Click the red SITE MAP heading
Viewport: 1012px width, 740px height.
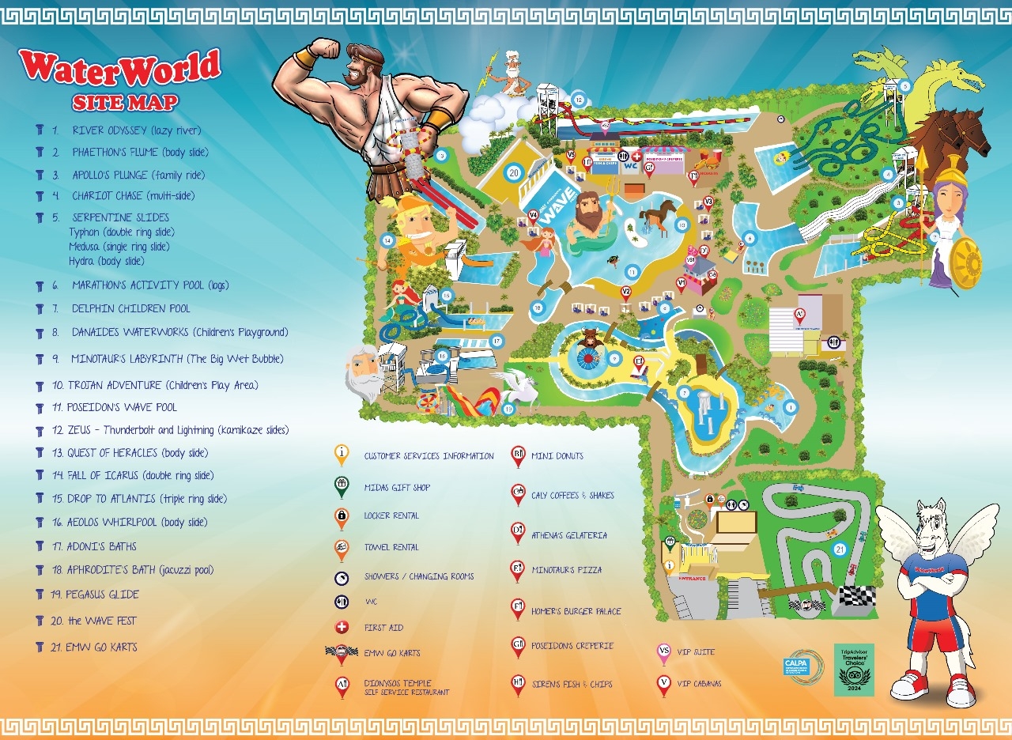click(x=125, y=102)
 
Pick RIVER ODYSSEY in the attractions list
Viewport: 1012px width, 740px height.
click(x=136, y=130)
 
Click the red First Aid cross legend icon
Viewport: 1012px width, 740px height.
click(x=342, y=628)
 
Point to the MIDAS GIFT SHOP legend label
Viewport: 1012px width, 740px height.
click(x=397, y=488)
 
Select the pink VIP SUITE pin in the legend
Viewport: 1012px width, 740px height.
click(x=664, y=653)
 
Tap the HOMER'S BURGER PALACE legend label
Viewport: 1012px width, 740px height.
click(x=576, y=611)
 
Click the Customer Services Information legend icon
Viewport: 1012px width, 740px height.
click(x=342, y=455)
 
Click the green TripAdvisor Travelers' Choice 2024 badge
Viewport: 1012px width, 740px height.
click(x=855, y=670)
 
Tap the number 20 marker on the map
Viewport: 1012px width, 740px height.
click(x=514, y=172)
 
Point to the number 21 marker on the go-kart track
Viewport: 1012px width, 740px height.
click(x=840, y=549)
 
